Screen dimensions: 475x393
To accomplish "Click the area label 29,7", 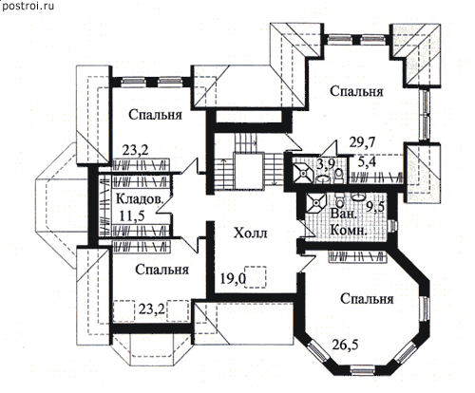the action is coord(362,143).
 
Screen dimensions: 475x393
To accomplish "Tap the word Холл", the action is coord(250,234).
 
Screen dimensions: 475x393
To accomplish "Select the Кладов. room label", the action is coord(140,199).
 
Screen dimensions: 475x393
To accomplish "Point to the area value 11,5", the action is coord(132,216).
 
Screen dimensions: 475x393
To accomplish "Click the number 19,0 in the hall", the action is coord(233,279).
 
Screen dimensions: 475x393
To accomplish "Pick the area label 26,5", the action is coord(345,345).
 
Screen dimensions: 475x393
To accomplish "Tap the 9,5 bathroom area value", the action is coord(375,207).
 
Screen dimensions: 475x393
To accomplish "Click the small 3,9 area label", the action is coord(326,163).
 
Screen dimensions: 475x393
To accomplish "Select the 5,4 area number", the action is coord(368,162).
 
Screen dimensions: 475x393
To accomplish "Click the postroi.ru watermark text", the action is coord(28,6).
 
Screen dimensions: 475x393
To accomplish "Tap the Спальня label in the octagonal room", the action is coord(367,299).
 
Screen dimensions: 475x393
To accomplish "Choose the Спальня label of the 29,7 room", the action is coord(356,91).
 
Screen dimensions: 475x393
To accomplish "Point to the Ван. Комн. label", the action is coord(349,222).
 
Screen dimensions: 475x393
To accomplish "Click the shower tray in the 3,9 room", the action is coord(303,173).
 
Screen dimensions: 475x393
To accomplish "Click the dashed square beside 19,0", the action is coord(256,277).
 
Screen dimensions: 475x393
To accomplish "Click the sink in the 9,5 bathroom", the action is coord(358,197).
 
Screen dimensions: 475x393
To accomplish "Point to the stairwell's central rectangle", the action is coord(249,171).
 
